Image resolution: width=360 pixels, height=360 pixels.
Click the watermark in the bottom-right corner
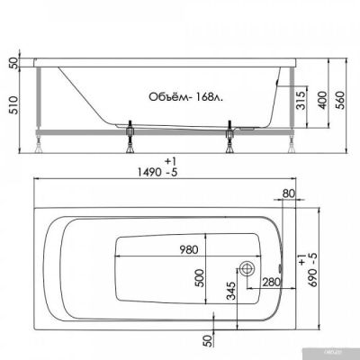[346, 355]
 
